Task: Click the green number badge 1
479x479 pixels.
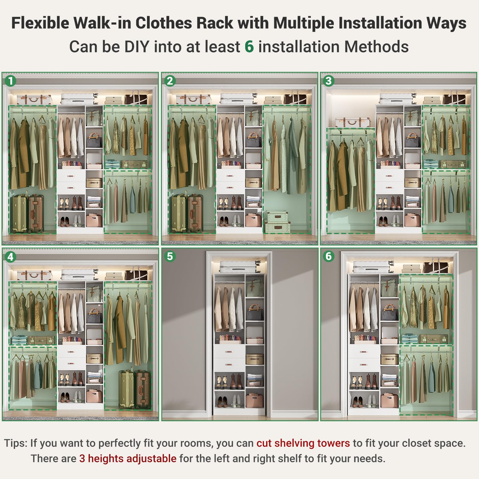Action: [x=11, y=81]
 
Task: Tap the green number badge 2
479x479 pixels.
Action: [x=170, y=81]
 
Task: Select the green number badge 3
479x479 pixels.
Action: [x=328, y=81]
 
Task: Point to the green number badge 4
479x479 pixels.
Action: [x=11, y=257]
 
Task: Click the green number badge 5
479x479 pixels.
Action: [x=170, y=256]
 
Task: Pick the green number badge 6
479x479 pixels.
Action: [x=328, y=256]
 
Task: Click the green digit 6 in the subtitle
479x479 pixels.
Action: [x=249, y=47]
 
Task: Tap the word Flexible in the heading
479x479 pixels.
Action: [x=40, y=23]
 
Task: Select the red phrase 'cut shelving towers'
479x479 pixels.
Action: [x=303, y=443]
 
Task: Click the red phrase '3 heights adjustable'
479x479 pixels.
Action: [x=128, y=459]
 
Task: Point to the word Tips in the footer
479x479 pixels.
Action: [x=16, y=443]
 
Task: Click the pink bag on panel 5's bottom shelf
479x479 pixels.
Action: [x=255, y=401]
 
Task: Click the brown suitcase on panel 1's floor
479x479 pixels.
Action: [x=36, y=213]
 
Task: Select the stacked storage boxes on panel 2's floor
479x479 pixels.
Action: [x=277, y=222]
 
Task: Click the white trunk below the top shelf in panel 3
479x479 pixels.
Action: [x=353, y=122]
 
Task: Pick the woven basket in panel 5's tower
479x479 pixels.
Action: [x=255, y=359]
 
